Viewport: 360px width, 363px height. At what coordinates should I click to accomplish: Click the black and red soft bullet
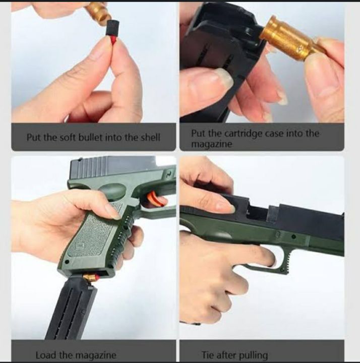pyautogui.click(x=110, y=33)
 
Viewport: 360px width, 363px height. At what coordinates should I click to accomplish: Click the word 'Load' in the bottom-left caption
pyautogui.click(x=46, y=355)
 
